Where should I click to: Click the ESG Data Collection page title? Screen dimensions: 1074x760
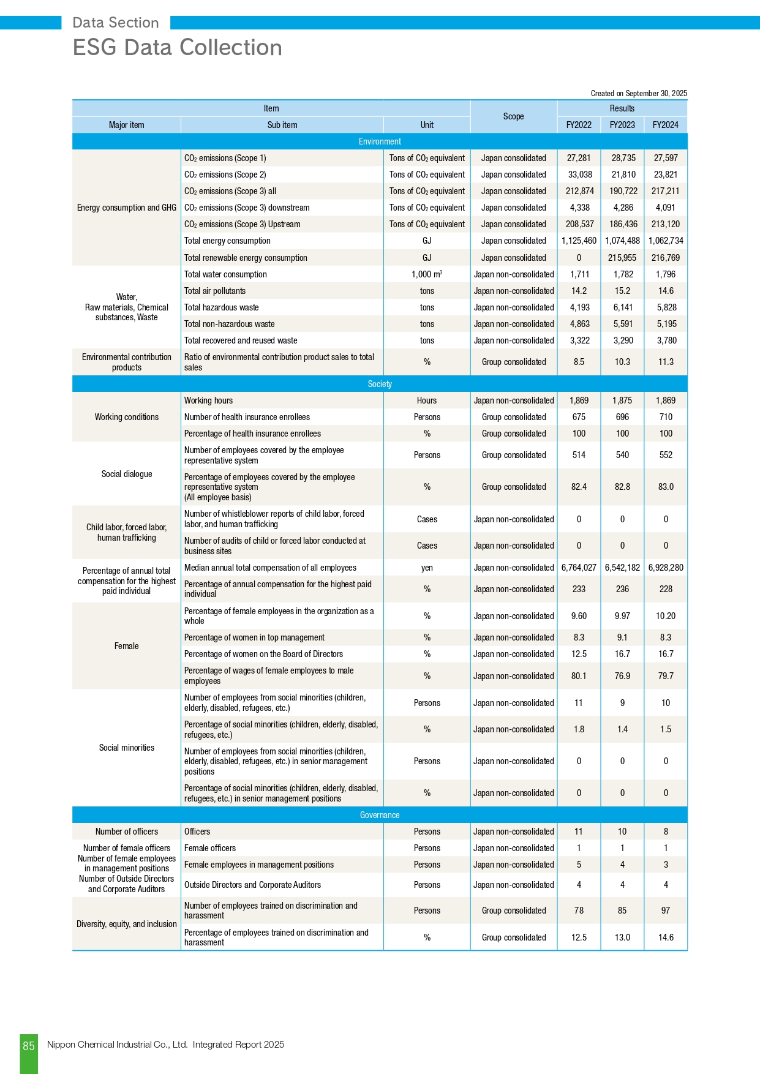pyautogui.click(x=177, y=48)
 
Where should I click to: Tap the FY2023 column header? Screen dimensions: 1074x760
pyautogui.click(x=622, y=125)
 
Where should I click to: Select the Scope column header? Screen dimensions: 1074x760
pyautogui.click(x=513, y=116)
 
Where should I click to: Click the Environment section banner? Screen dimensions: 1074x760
pyautogui.click(x=380, y=141)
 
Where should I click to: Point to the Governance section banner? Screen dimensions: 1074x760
pyautogui.click(x=380, y=815)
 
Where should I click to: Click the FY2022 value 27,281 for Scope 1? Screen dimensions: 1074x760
pyautogui.click(x=579, y=158)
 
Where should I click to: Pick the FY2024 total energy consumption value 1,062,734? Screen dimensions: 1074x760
pyautogui.click(x=666, y=241)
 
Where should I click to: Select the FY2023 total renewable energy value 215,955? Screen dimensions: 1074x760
pyautogui.click(x=622, y=258)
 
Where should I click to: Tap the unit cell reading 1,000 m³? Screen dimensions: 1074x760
pyautogui.click(x=427, y=274)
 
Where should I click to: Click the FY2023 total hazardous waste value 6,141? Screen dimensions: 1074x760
pyautogui.click(x=622, y=307)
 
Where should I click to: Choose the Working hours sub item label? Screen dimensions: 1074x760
pyautogui.click(x=208, y=400)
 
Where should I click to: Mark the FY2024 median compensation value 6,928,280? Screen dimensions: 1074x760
pyautogui.click(x=666, y=568)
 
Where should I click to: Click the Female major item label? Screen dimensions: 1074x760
pyautogui.click(x=126, y=646)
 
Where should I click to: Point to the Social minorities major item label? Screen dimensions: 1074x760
pyautogui.click(x=126, y=748)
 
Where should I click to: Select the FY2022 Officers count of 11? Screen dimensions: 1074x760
pyautogui.click(x=579, y=832)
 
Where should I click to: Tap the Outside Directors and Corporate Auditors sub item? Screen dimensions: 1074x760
pyautogui.click(x=252, y=885)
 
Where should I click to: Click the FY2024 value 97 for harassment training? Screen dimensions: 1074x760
pyautogui.click(x=666, y=911)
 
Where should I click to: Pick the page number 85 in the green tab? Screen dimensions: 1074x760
pyautogui.click(x=29, y=1046)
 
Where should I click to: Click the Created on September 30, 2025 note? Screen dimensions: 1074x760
pyautogui.click(x=639, y=94)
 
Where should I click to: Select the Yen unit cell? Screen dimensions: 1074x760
pyautogui.click(x=427, y=568)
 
